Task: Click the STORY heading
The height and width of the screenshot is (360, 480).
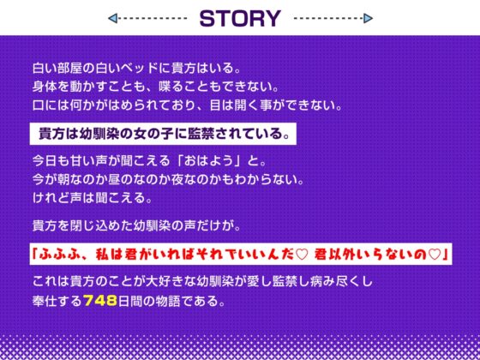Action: click(240, 18)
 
